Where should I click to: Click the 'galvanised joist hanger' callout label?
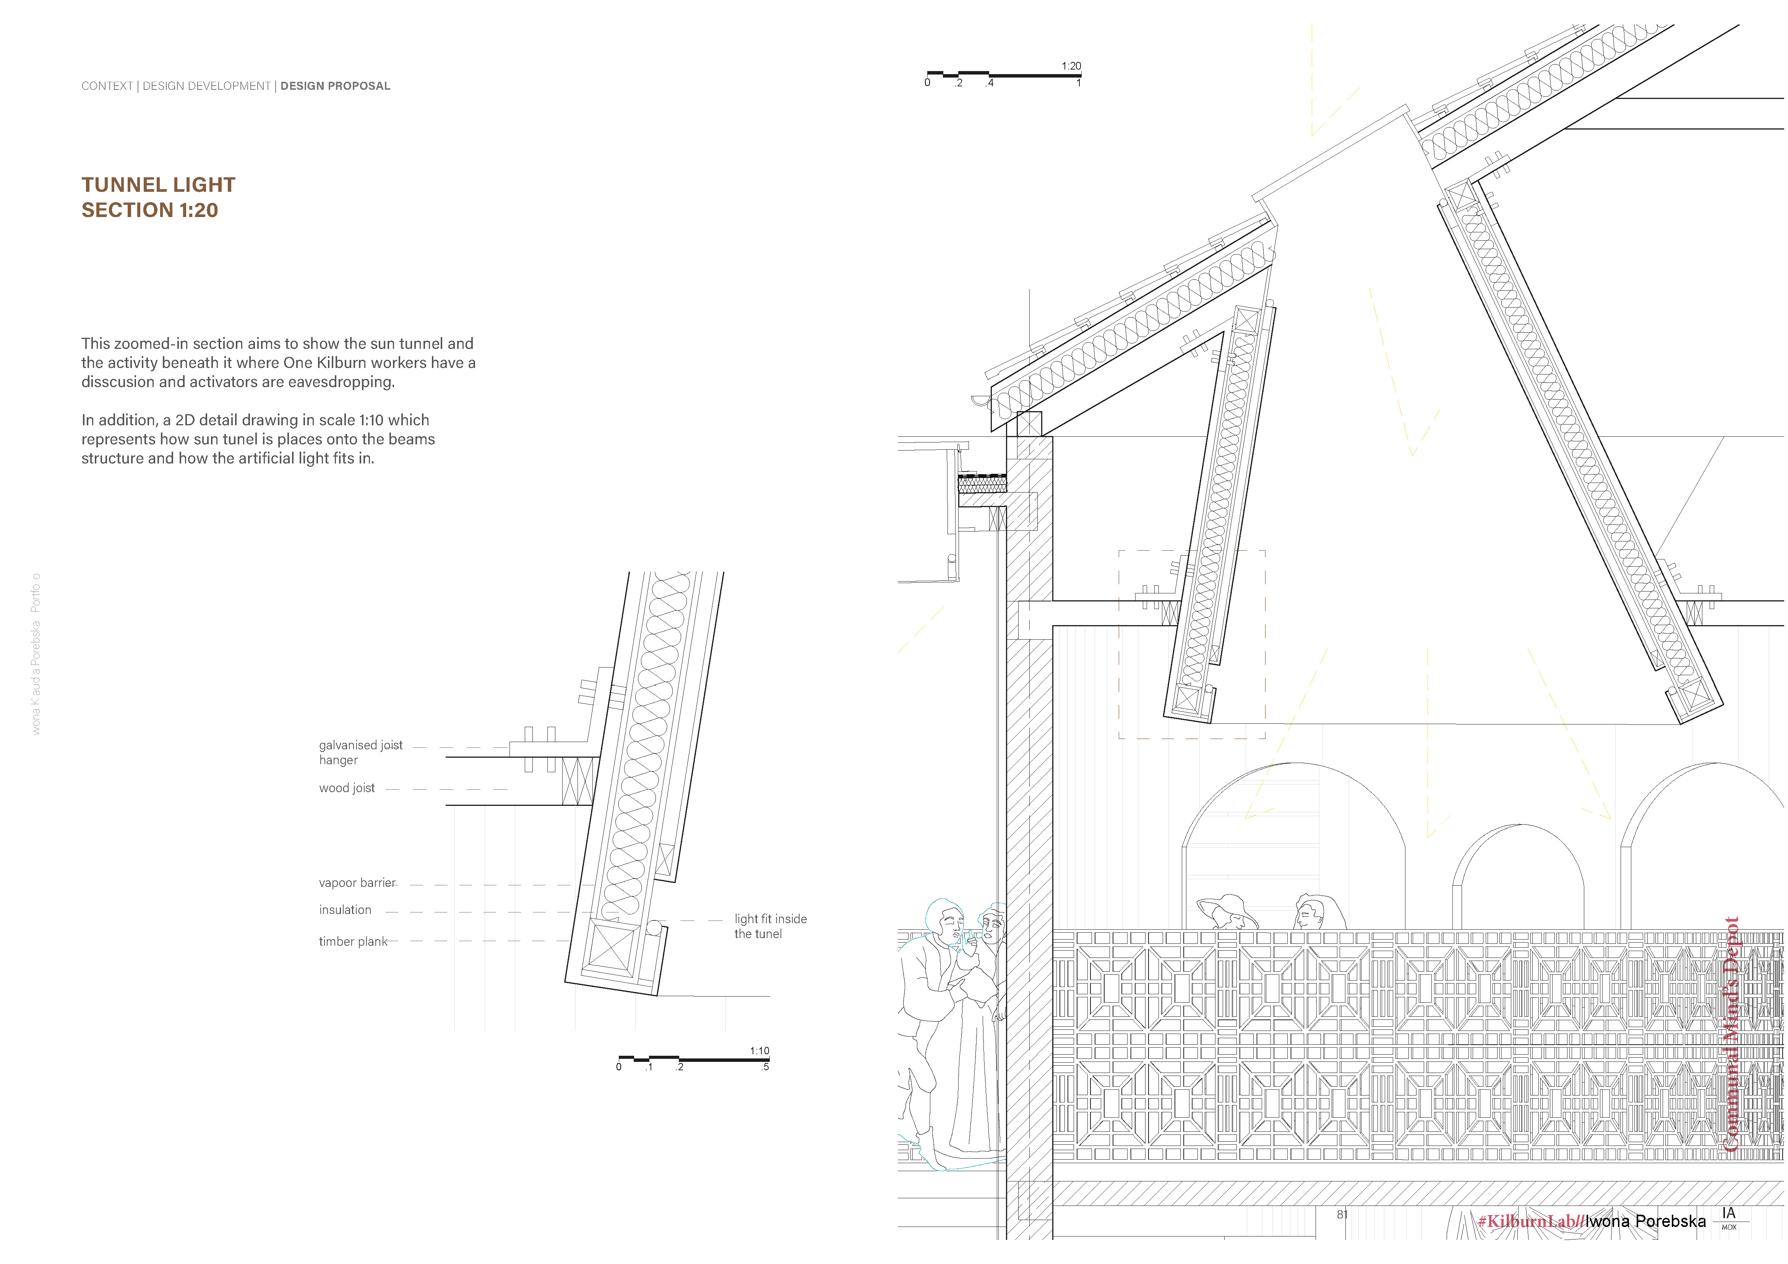click(x=360, y=753)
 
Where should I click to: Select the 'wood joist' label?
click(x=347, y=788)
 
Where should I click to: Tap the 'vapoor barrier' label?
click(x=357, y=883)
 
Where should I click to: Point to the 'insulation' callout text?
click(x=345, y=910)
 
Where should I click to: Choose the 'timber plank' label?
click(x=353, y=942)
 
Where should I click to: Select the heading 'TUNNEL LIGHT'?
click(x=158, y=185)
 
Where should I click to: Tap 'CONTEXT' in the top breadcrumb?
click(x=107, y=86)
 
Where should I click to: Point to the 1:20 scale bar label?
click(x=1071, y=66)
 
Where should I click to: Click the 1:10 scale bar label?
click(x=759, y=1051)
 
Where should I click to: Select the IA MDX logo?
click(x=1728, y=1217)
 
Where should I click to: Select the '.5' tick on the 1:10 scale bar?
click(x=765, y=1067)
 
